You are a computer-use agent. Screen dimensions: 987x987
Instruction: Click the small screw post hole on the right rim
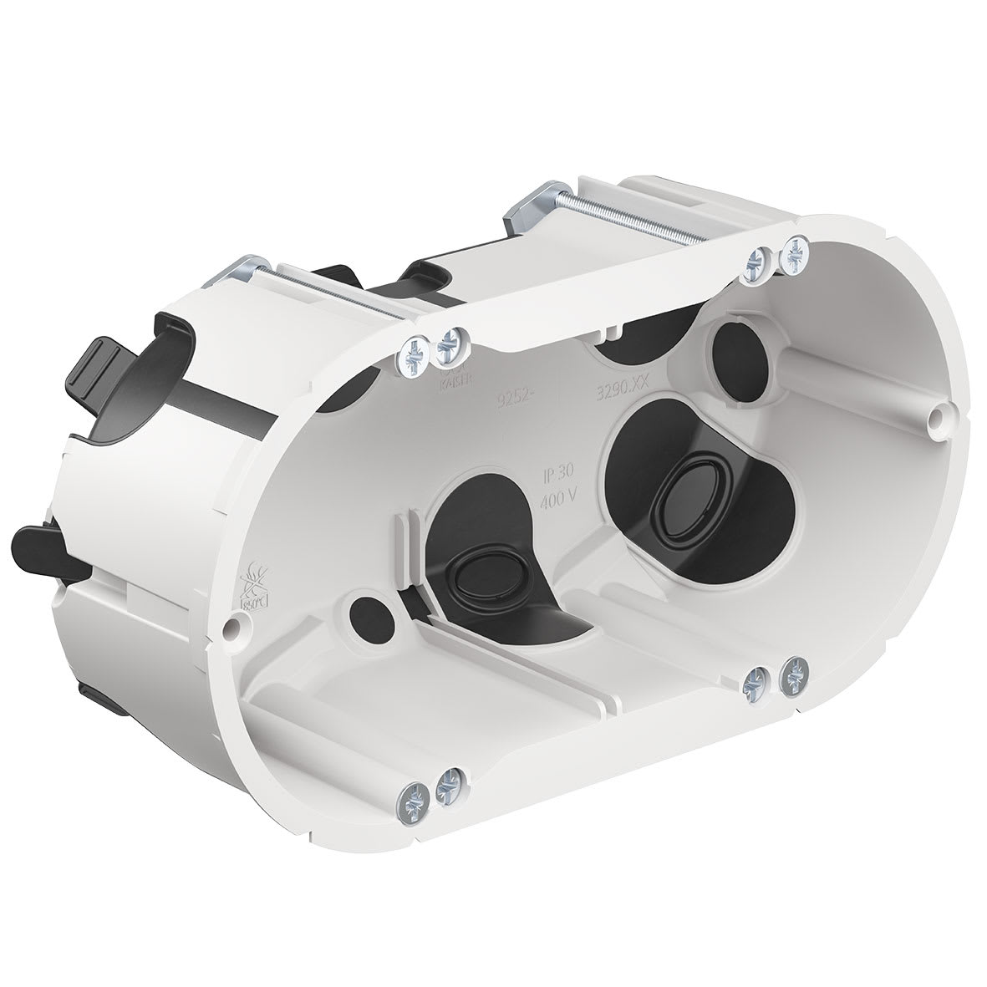point(939,415)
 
